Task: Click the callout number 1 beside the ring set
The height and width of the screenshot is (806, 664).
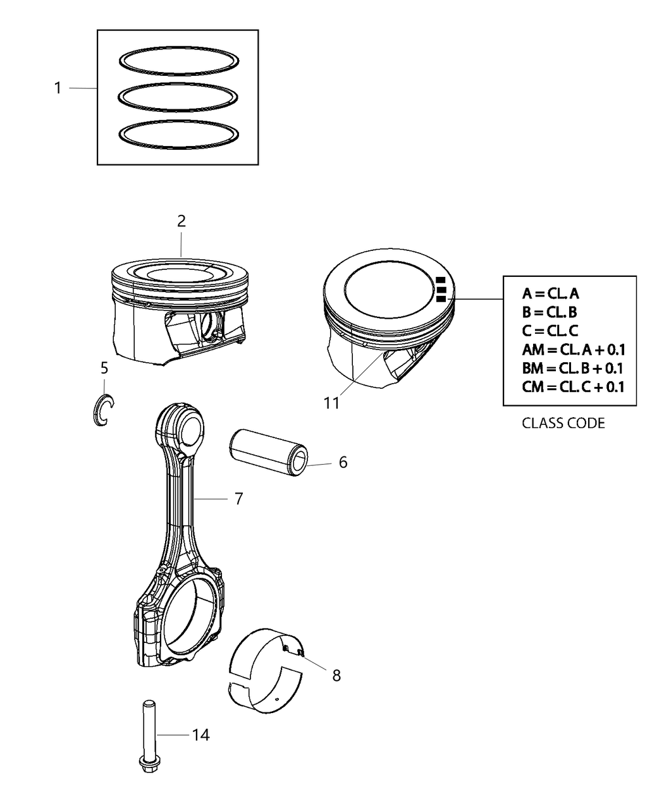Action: click(x=58, y=89)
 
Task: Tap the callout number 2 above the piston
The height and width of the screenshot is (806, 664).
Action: click(x=181, y=221)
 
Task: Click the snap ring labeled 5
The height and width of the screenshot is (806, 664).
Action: click(x=101, y=410)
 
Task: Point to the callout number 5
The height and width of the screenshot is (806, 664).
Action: click(x=104, y=367)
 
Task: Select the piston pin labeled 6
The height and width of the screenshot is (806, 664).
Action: click(x=268, y=451)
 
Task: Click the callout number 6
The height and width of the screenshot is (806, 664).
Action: click(x=343, y=462)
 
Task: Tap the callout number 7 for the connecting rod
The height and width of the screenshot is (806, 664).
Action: click(x=238, y=499)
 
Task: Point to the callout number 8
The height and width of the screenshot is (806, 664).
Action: click(x=336, y=676)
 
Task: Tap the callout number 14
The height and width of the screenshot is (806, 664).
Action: click(x=201, y=735)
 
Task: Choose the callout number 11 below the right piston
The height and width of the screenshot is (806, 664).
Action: click(x=331, y=403)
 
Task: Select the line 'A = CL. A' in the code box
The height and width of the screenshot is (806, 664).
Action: click(x=550, y=293)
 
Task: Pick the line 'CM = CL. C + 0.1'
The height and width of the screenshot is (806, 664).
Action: click(x=573, y=386)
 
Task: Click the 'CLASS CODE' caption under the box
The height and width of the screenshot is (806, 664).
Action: click(x=563, y=423)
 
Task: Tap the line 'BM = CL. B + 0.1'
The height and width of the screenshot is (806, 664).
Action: click(x=573, y=368)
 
